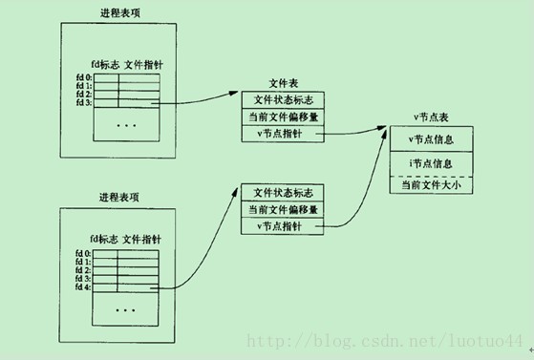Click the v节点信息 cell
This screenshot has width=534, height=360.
431,140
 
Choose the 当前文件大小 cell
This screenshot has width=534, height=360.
431,184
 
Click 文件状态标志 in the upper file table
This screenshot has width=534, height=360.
283,100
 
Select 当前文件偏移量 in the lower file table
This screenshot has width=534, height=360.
283,209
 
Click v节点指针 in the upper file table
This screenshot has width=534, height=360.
279,135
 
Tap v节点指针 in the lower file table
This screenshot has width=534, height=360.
279,226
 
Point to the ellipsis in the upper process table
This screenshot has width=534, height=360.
127,124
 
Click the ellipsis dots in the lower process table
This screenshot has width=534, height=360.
127,309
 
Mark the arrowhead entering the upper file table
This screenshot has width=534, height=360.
235,94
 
